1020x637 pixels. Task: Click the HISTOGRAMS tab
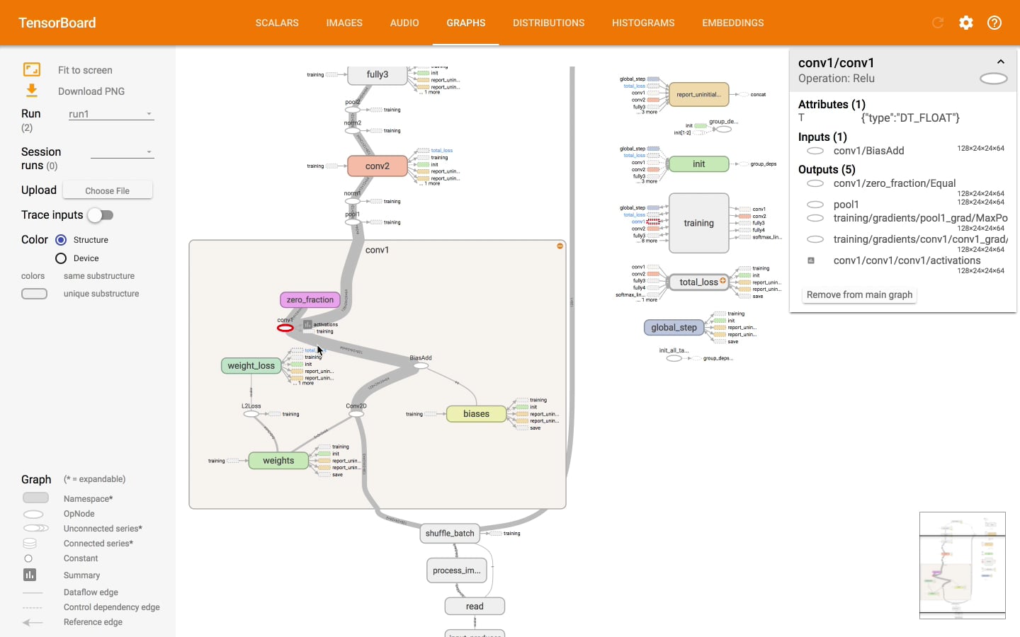click(x=642, y=23)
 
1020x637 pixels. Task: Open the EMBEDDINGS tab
click(x=732, y=23)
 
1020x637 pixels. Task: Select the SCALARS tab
click(x=277, y=23)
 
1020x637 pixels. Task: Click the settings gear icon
click(x=966, y=23)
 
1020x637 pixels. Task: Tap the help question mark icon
click(x=994, y=23)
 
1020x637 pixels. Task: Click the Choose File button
click(x=107, y=190)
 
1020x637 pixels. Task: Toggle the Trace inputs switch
click(x=101, y=215)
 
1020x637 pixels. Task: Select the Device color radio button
click(x=61, y=258)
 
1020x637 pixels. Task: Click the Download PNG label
click(x=91, y=91)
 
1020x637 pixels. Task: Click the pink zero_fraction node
click(x=310, y=299)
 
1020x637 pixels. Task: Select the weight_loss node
click(x=251, y=366)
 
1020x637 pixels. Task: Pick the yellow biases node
click(x=476, y=414)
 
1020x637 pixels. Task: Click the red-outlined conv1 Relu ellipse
click(x=285, y=328)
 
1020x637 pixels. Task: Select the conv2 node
click(x=377, y=166)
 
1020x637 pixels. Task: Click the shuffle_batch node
click(x=450, y=534)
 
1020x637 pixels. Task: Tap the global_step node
click(x=674, y=328)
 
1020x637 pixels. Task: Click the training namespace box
click(x=698, y=223)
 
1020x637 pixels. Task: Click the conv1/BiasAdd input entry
click(x=868, y=151)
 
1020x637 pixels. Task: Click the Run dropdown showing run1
click(x=110, y=114)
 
